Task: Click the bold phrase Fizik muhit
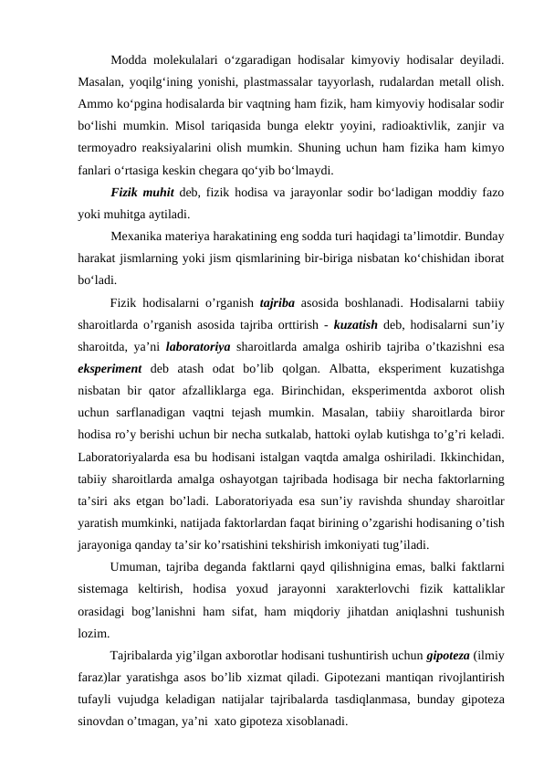(x=141, y=193)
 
